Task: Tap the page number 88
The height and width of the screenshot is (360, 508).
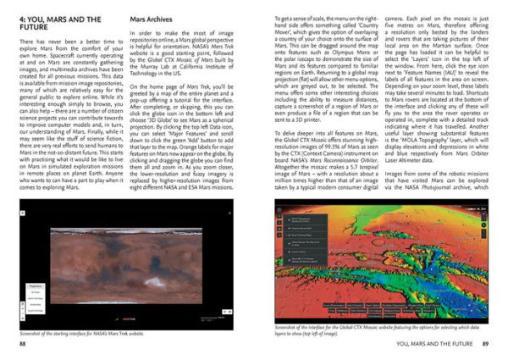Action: tap(22, 346)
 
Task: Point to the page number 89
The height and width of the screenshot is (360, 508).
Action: tap(484, 346)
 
